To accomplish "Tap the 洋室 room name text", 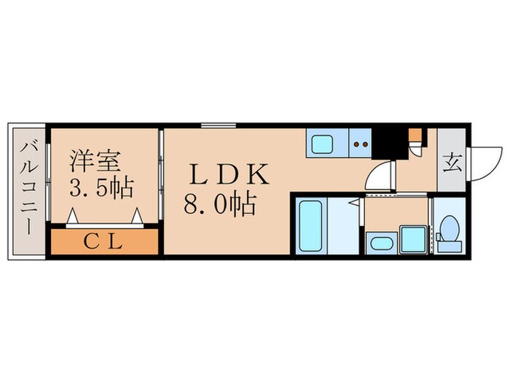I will [95, 160].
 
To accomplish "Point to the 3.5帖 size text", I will [101, 188].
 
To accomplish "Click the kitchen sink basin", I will [322, 144].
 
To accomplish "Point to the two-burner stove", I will [360, 144].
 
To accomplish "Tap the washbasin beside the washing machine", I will [379, 242].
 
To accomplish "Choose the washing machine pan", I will [410, 239].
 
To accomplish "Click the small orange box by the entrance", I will [414, 135].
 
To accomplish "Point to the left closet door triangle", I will [73, 217].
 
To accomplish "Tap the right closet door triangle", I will [136, 217].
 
